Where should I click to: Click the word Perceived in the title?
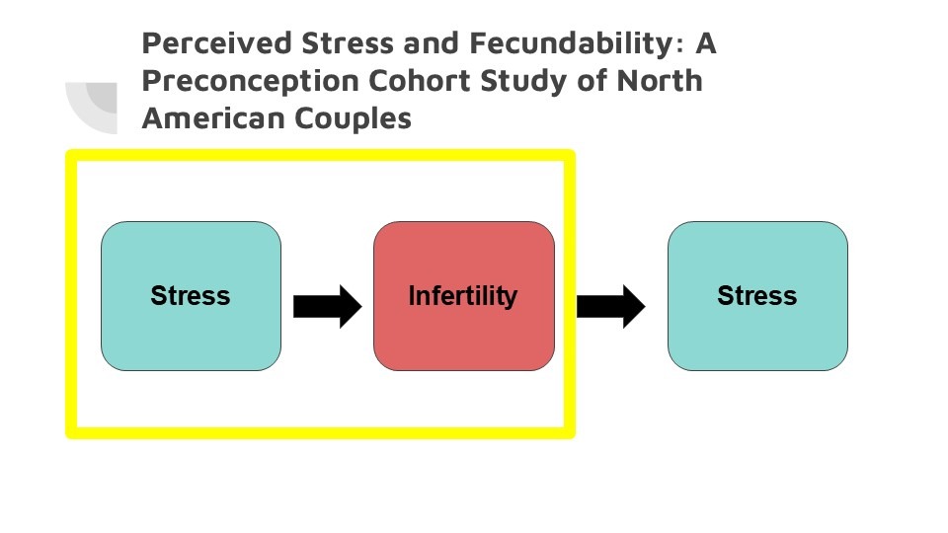pyautogui.click(x=217, y=43)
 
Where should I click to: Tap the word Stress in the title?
pyautogui.click(x=348, y=43)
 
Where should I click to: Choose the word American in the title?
pyautogui.click(x=213, y=118)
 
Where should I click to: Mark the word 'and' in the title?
pyautogui.click(x=432, y=43)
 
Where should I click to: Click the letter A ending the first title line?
pyautogui.click(x=705, y=43)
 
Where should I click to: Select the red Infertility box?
pyautogui.click(x=464, y=296)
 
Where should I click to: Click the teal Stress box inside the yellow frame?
pyautogui.click(x=191, y=296)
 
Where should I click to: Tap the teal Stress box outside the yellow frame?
pyautogui.click(x=757, y=296)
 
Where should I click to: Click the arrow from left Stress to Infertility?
pyautogui.click(x=327, y=306)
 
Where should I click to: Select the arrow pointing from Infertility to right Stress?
pyautogui.click(x=610, y=306)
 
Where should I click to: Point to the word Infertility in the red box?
pyautogui.click(x=463, y=296)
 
